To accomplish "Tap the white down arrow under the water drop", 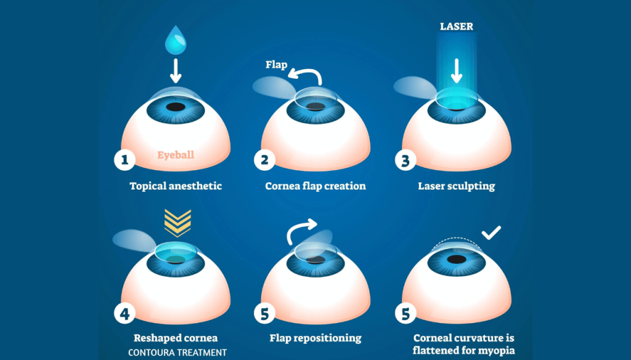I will [176, 71].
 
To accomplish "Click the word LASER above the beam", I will [457, 27].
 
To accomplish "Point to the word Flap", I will [277, 64].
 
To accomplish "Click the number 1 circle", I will [124, 161].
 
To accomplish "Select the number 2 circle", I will [264, 161].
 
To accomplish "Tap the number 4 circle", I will [124, 314].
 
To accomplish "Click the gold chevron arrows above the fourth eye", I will [177, 223].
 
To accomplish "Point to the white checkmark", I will [491, 233].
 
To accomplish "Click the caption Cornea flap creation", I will [315, 186].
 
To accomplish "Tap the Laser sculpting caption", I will [457, 186].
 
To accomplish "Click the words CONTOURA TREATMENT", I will [177, 353].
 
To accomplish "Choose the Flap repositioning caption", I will [315, 338].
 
